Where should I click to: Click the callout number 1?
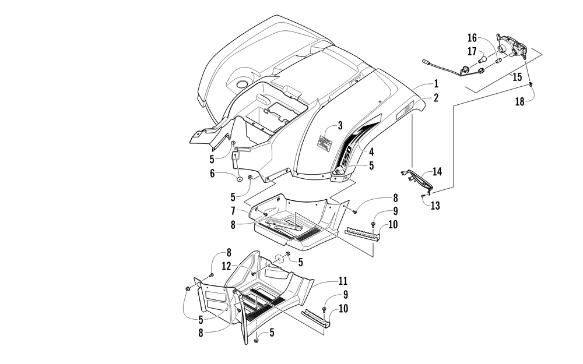(436, 84)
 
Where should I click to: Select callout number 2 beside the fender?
(436, 98)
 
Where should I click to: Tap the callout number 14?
(437, 172)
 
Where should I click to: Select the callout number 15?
(517, 76)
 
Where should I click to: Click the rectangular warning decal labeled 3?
(326, 143)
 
